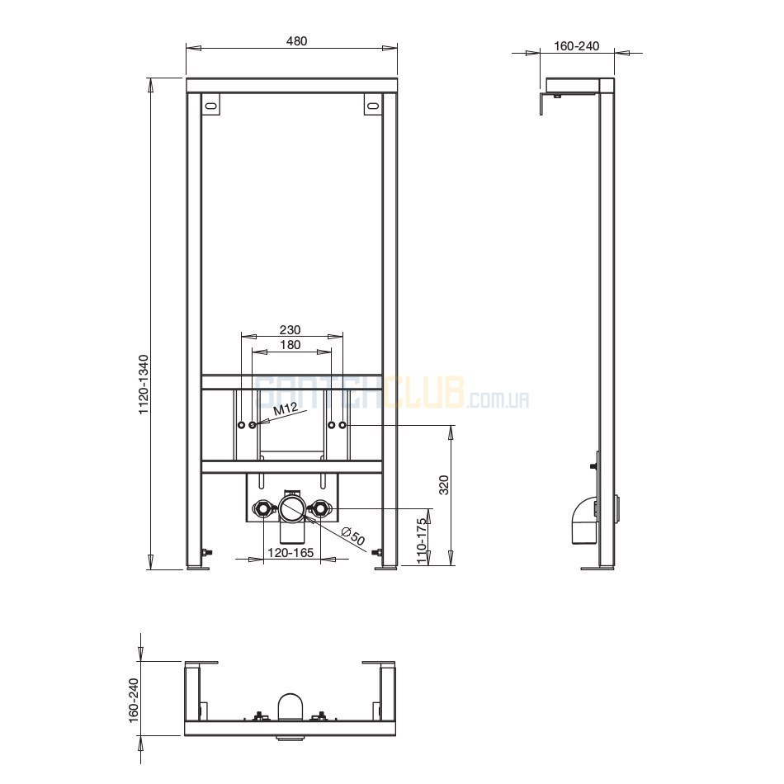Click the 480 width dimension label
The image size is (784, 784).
point(296,41)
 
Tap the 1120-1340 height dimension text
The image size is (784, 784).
point(144,385)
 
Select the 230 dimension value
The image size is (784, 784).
point(290,330)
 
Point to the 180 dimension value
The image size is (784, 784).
point(290,344)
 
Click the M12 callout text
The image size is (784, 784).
point(286,410)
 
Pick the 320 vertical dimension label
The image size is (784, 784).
point(444,484)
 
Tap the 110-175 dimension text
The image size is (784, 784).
point(422,541)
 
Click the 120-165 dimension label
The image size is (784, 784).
point(290,552)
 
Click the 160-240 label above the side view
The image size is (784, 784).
point(577,46)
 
